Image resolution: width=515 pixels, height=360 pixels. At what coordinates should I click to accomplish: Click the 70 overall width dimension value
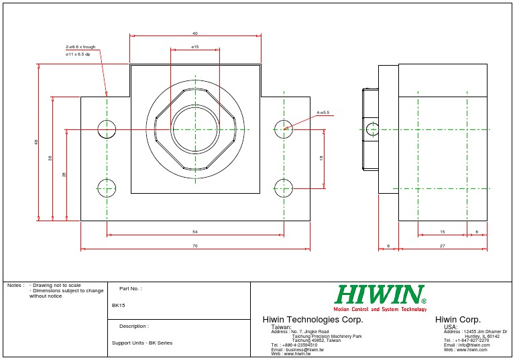pyautogui.click(x=195, y=247)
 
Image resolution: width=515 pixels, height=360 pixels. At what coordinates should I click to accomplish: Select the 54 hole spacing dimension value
pyautogui.click(x=195, y=232)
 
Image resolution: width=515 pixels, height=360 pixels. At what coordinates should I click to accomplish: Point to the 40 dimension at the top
pyautogui.click(x=195, y=33)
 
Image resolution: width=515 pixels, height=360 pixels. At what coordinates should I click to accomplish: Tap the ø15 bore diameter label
pyautogui.click(x=195, y=47)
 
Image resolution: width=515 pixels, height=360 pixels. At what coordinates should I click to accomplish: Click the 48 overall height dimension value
pyautogui.click(x=36, y=141)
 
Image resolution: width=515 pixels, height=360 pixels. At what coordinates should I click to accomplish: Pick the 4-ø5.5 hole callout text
pyautogui.click(x=323, y=113)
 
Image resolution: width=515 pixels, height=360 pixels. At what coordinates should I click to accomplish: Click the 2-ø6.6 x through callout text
pyautogui.click(x=80, y=47)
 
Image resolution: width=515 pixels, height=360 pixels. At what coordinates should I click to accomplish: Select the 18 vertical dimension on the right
pyautogui.click(x=321, y=158)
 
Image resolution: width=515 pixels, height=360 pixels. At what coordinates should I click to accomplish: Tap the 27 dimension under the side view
pyautogui.click(x=443, y=246)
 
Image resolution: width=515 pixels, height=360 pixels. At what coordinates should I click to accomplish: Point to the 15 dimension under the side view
pyautogui.click(x=443, y=232)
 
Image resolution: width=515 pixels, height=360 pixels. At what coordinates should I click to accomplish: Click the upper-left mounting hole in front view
pyautogui.click(x=107, y=129)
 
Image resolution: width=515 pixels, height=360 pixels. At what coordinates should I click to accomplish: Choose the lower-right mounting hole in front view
pyautogui.click(x=284, y=188)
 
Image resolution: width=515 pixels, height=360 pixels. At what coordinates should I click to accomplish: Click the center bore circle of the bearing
pyautogui.click(x=194, y=129)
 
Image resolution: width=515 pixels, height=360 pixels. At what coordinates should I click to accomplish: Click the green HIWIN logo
pyautogui.click(x=381, y=295)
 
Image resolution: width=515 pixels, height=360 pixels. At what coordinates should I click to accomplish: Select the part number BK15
pyautogui.click(x=119, y=305)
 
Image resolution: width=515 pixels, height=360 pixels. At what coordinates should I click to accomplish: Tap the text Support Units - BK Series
pyautogui.click(x=142, y=343)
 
